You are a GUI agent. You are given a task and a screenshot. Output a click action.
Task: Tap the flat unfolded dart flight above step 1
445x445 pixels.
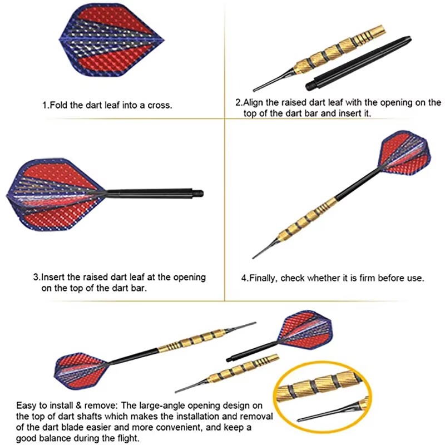[x=112, y=40]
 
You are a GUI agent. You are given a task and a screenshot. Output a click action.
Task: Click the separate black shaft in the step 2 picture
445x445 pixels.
[x=358, y=63]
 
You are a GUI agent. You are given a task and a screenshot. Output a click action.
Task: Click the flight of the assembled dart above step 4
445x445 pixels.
[x=406, y=154]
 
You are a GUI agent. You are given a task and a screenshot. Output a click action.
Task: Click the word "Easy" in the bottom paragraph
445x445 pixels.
[x=27, y=406]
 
